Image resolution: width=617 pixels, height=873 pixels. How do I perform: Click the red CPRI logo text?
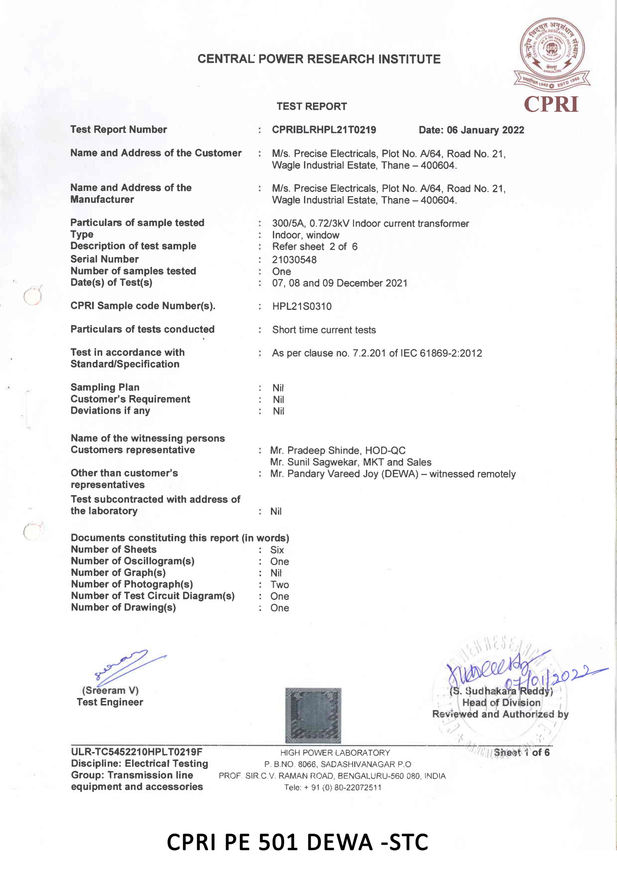(551, 104)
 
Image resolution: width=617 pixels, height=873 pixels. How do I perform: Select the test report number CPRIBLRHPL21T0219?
(324, 130)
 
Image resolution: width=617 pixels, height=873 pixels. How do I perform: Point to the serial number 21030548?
(294, 260)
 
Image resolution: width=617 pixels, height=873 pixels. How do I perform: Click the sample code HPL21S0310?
(301, 307)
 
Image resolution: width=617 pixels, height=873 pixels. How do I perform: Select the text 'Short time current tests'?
(324, 330)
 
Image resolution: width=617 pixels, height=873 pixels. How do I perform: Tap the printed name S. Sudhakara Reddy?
(501, 691)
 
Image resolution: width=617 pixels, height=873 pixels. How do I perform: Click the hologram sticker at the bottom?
(313, 715)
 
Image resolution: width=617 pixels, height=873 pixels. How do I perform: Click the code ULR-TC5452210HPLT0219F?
(136, 752)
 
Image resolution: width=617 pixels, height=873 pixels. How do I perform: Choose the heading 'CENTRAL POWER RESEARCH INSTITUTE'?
(319, 59)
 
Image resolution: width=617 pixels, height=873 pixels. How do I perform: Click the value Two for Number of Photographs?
(280, 585)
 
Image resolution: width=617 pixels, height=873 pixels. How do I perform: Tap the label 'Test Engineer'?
(110, 702)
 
